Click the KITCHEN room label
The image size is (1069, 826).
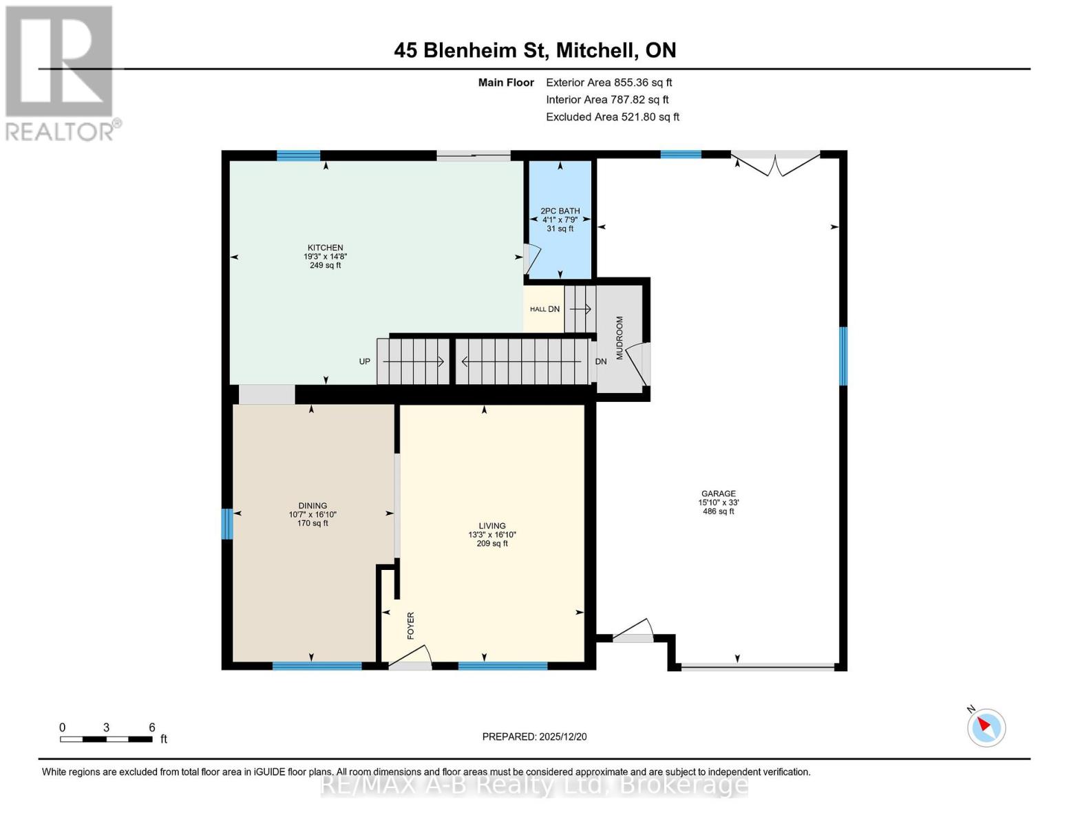click(x=325, y=247)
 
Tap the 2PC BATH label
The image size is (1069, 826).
click(x=560, y=211)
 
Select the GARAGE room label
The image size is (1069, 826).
click(x=718, y=494)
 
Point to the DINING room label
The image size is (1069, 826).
click(x=313, y=506)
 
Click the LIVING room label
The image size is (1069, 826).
click(x=492, y=526)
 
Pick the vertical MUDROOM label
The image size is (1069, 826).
click(x=620, y=337)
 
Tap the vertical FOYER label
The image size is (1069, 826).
click(x=411, y=626)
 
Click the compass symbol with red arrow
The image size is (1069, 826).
click(x=986, y=727)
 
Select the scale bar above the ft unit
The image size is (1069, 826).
click(x=106, y=739)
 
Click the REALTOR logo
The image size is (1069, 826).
click(x=61, y=74)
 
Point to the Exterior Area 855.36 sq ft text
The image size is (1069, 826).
click(x=608, y=83)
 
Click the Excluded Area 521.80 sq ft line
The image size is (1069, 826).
click(x=613, y=117)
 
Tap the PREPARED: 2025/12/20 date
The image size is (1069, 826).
click(x=534, y=737)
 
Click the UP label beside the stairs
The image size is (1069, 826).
click(x=364, y=361)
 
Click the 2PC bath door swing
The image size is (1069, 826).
click(x=532, y=259)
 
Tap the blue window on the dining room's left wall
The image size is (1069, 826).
click(x=226, y=523)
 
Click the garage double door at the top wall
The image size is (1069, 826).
click(x=775, y=164)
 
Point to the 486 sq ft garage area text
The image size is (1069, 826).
click(x=718, y=511)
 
